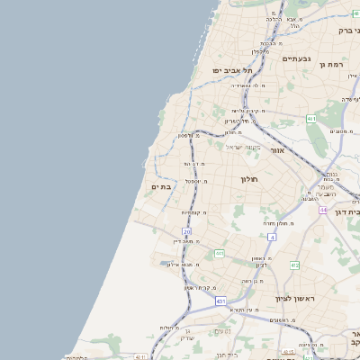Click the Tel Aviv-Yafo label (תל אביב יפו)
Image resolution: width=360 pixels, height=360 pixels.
(x=229, y=70)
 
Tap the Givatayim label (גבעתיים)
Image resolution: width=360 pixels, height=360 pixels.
(x=295, y=58)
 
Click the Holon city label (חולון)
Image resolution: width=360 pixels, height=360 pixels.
(x=249, y=179)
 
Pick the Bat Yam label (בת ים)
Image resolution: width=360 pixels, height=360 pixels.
(x=160, y=186)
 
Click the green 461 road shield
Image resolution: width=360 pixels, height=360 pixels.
(x=310, y=119)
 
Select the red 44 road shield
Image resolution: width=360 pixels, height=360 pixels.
(x=322, y=209)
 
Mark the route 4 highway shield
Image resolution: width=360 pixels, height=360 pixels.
(x=270, y=237)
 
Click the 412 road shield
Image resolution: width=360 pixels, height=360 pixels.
(x=294, y=265)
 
